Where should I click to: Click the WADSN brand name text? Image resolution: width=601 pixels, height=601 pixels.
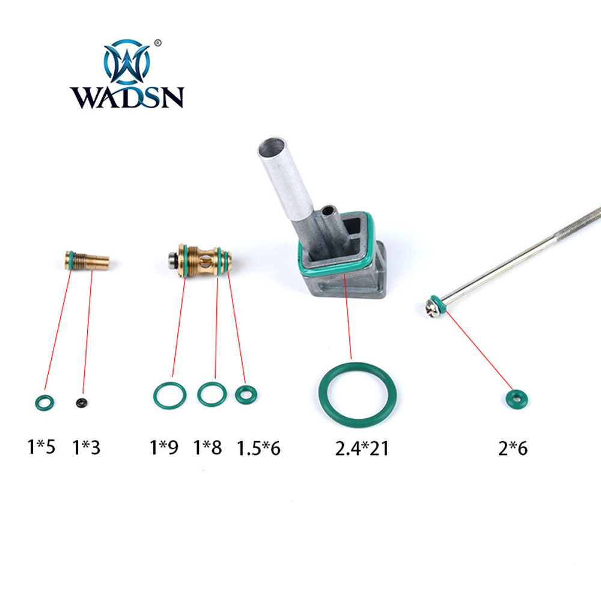(x=127, y=97)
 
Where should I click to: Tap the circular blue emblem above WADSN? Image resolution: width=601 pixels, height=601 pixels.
(x=126, y=62)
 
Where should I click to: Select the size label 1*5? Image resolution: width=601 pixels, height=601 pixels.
(x=41, y=447)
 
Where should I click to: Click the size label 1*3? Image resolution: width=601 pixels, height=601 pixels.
(x=86, y=447)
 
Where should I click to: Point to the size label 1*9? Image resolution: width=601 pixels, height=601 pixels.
(x=163, y=447)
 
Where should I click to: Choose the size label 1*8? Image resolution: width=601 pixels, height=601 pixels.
(x=207, y=447)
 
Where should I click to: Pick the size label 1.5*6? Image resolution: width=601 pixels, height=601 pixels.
(x=258, y=448)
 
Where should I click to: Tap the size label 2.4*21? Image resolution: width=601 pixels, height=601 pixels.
(x=362, y=448)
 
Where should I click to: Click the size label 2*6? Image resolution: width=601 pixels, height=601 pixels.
(x=513, y=448)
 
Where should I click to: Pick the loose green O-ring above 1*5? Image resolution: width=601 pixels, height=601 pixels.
(x=37, y=403)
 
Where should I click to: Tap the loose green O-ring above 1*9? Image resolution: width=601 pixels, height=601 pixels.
(x=156, y=395)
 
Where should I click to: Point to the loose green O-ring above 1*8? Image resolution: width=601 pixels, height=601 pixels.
(x=200, y=394)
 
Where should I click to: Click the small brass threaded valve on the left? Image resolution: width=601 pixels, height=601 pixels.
(x=87, y=261)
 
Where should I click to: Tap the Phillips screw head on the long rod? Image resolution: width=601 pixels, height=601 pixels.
(x=432, y=309)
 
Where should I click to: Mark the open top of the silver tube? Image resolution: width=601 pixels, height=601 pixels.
(x=272, y=147)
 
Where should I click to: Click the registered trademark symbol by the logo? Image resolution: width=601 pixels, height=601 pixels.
(x=157, y=43)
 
